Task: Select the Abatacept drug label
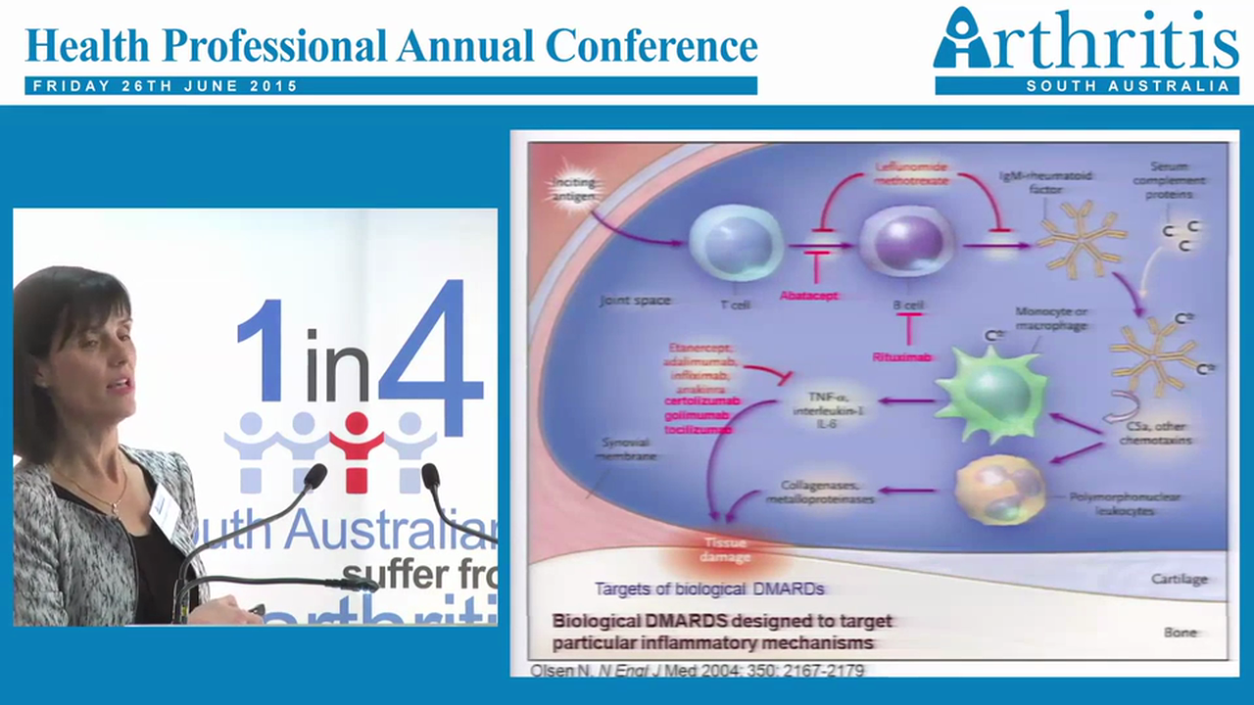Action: click(809, 295)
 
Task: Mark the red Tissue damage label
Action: click(725, 549)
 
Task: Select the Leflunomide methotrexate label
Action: click(911, 174)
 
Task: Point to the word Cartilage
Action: click(1179, 579)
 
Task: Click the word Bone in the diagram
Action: click(1181, 632)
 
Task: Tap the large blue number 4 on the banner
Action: click(431, 358)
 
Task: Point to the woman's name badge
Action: click(165, 509)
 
